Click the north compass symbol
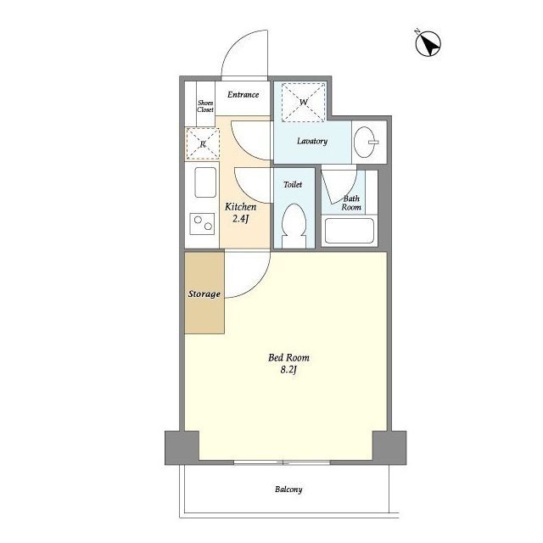428,43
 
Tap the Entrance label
244,94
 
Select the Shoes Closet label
205,106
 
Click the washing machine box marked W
304,102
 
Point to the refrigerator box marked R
203,143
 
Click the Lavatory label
312,141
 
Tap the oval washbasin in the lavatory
365,142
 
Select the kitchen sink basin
205,182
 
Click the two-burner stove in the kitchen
202,224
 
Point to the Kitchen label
241,207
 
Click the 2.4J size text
241,219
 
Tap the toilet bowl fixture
294,226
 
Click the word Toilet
293,185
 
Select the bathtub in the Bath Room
350,230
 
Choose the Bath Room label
351,203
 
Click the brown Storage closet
204,293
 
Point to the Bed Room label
288,357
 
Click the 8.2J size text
288,370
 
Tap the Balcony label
288,490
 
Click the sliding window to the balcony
283,462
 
